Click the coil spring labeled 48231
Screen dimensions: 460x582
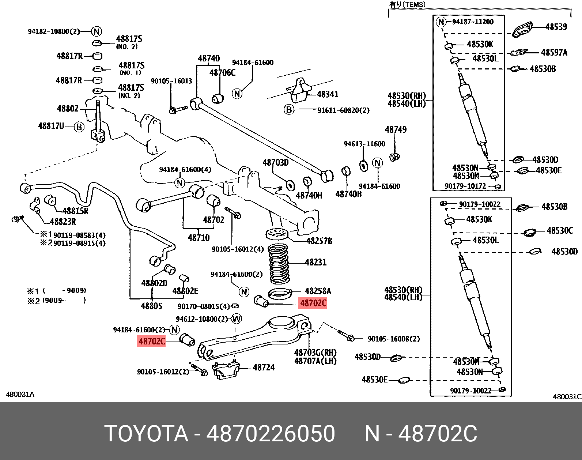point(279,264)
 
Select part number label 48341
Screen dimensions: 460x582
point(328,94)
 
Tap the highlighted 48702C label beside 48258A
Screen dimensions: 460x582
point(313,303)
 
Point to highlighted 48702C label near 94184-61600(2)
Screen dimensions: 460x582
point(152,342)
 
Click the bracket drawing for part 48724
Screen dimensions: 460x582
point(226,370)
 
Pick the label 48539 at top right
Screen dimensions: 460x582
point(556,27)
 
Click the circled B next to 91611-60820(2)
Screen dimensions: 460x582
point(289,109)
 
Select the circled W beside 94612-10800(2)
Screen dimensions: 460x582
point(237,319)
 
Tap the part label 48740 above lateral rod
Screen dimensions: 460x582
point(209,59)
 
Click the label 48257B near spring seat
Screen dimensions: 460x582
point(319,241)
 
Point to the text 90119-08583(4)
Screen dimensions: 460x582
point(79,235)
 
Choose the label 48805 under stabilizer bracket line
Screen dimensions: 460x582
point(151,306)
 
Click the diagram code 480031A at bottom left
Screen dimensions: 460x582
point(20,395)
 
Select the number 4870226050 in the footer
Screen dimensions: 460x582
point(271,434)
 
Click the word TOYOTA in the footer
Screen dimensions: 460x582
point(146,434)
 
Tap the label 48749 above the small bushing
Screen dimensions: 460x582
point(396,130)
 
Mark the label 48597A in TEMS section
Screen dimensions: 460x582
point(554,53)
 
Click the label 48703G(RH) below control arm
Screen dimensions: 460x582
point(315,353)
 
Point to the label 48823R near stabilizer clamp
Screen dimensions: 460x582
point(63,222)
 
